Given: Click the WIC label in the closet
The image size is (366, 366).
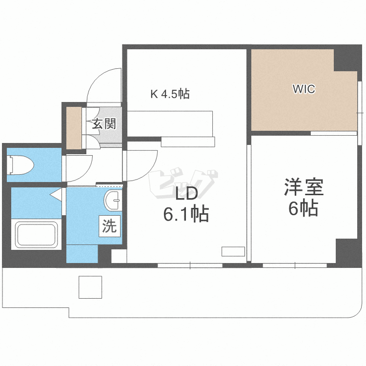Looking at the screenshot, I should (x=304, y=89).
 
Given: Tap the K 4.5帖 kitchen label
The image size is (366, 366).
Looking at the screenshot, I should (x=169, y=94).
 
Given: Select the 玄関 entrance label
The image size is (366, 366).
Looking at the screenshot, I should (x=104, y=124).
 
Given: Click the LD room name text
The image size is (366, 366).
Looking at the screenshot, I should (x=186, y=194).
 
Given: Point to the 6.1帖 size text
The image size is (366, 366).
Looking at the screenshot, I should (x=186, y=214).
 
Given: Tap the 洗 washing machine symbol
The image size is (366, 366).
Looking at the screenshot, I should (x=109, y=226).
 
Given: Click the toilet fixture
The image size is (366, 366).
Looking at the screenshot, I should (x=20, y=164).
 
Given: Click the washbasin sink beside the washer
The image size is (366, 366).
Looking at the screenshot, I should (x=114, y=199).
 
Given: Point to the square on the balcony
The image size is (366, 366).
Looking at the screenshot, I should (x=90, y=287).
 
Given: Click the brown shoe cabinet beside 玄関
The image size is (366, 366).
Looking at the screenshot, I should (x=74, y=127).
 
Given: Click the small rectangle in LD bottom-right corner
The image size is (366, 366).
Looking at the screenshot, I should (x=233, y=252).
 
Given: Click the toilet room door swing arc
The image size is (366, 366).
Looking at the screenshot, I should (x=80, y=166).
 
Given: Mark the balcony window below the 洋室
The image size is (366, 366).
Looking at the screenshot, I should (x=295, y=265).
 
